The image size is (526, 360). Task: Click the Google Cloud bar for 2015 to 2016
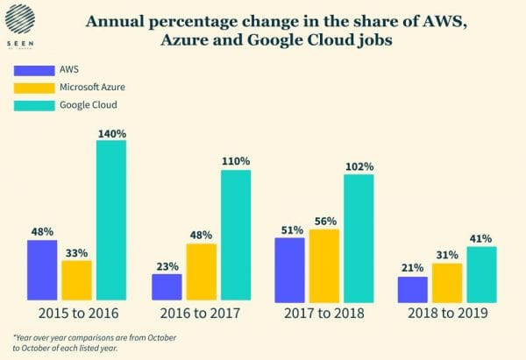111,220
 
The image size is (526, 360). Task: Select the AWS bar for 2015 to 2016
42,269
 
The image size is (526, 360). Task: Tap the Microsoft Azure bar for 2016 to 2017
201,271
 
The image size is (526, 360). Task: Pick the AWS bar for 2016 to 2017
167,286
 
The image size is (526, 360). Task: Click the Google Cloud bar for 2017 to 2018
359,236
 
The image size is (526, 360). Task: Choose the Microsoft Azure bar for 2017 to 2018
324,264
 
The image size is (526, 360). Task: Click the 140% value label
111,133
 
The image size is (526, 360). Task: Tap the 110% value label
236,162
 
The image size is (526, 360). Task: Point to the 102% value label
359,166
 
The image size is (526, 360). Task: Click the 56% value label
324,222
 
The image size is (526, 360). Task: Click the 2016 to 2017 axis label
201,312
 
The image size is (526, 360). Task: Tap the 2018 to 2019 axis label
447,312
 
